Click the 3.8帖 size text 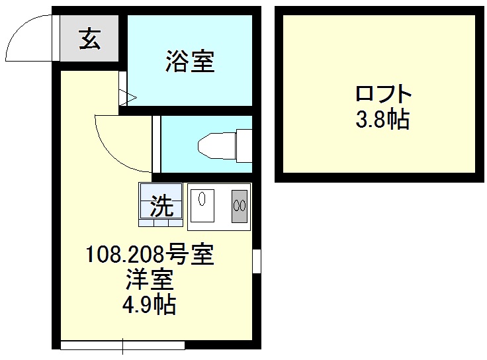[382, 120]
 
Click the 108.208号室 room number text [150, 255]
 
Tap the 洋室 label [150, 279]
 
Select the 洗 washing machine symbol [161, 206]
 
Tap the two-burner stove [239, 206]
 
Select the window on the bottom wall [122, 345]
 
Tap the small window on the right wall [257, 261]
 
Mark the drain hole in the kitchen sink [203, 196]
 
